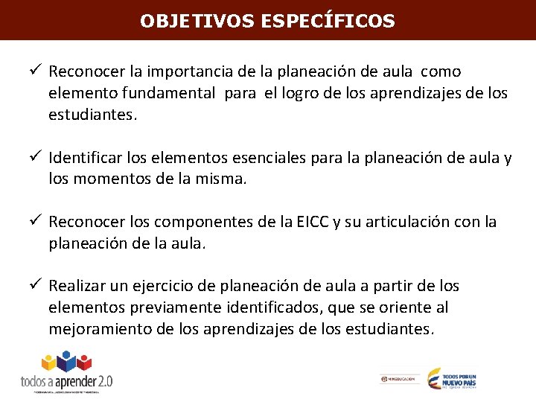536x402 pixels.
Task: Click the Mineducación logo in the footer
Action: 398,379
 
